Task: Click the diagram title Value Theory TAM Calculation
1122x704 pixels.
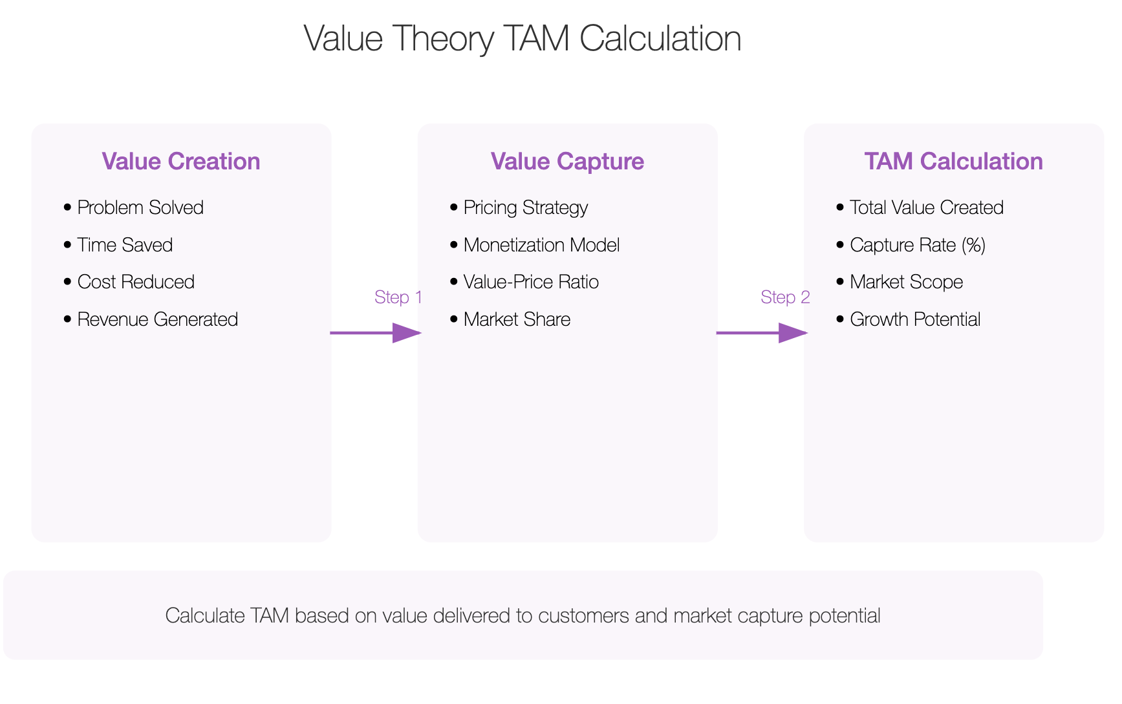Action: coord(522,39)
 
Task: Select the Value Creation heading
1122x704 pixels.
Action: coord(181,162)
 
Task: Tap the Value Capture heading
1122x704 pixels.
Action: coord(567,162)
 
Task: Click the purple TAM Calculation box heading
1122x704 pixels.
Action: coord(953,162)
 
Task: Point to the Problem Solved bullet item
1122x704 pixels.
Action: coord(140,208)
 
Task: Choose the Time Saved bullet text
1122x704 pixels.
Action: coord(125,245)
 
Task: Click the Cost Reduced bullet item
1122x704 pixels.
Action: coord(136,282)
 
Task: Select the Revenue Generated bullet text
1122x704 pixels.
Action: coord(158,319)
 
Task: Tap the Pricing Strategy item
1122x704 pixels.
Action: coord(526,208)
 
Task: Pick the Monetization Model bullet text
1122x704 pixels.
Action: coord(542,245)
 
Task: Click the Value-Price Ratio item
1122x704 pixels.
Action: coord(531,282)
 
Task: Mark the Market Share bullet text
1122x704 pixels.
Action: coord(517,319)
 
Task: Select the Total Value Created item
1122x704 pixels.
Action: coord(927,208)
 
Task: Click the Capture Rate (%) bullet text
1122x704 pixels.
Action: coord(918,246)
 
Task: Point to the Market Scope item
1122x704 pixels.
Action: coord(907,283)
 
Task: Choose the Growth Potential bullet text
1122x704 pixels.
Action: coord(915,319)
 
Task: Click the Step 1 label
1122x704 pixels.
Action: coord(398,297)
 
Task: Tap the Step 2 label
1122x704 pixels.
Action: coord(785,297)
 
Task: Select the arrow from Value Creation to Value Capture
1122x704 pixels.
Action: coord(376,333)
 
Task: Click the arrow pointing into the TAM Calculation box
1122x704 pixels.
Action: coord(762,333)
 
